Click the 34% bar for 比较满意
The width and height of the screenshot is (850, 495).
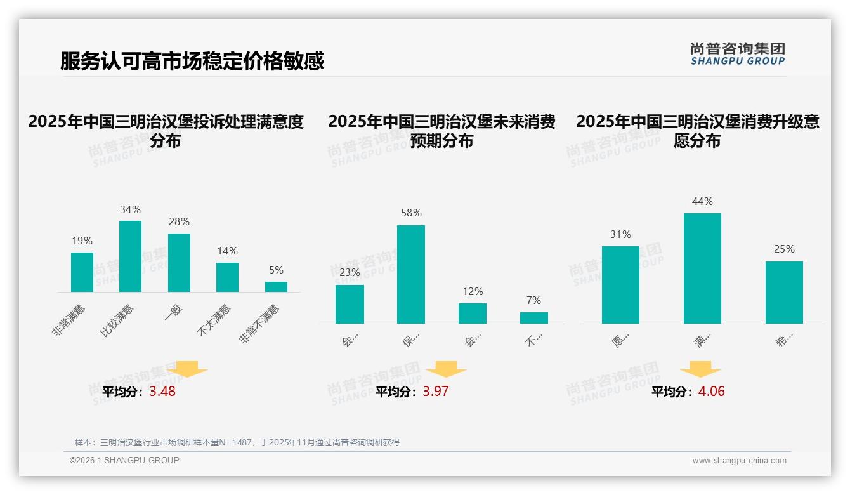(x=130, y=256)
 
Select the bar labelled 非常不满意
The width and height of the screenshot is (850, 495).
(x=276, y=287)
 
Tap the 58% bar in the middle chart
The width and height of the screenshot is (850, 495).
(x=411, y=274)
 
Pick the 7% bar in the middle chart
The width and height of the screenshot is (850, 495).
(x=534, y=318)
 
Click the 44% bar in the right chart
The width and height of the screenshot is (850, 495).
(x=702, y=268)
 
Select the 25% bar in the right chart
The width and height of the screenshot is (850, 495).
(x=784, y=293)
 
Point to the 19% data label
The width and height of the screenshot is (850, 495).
(x=82, y=241)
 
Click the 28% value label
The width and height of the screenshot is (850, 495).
(x=179, y=222)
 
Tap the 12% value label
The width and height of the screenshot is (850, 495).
(x=473, y=292)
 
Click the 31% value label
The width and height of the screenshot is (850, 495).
(x=620, y=235)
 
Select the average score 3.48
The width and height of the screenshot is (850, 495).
(x=162, y=392)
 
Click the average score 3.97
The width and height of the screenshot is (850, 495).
(x=435, y=392)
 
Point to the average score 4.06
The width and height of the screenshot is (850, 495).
(x=711, y=392)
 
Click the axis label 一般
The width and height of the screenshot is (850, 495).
(x=173, y=312)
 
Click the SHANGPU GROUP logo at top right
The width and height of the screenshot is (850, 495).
(x=737, y=54)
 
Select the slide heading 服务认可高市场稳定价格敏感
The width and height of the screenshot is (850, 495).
(x=192, y=61)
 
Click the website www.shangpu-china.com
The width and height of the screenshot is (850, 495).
(x=739, y=461)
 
